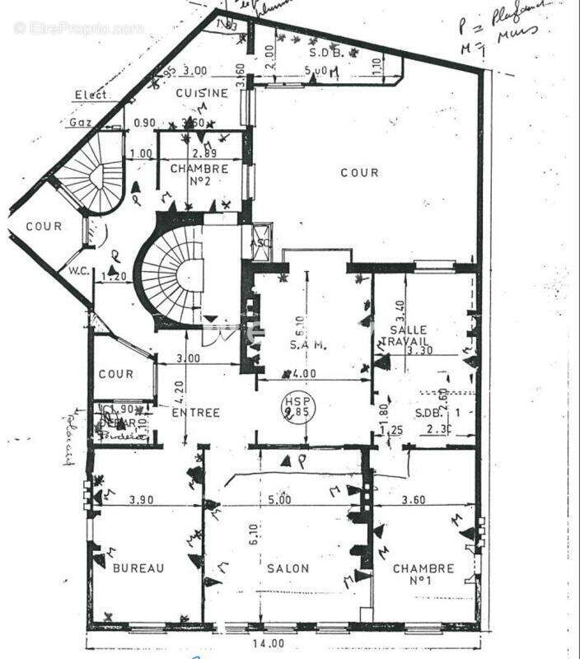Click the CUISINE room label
(x=202, y=93)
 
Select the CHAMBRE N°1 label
(x=423, y=574)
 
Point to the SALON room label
(x=288, y=568)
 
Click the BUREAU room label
(x=138, y=568)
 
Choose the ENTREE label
(x=194, y=412)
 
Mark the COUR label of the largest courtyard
(x=360, y=172)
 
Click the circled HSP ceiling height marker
(x=294, y=407)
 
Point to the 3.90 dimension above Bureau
(x=143, y=499)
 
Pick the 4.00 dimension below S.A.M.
(x=305, y=373)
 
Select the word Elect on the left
(x=91, y=95)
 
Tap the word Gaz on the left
(x=80, y=123)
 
